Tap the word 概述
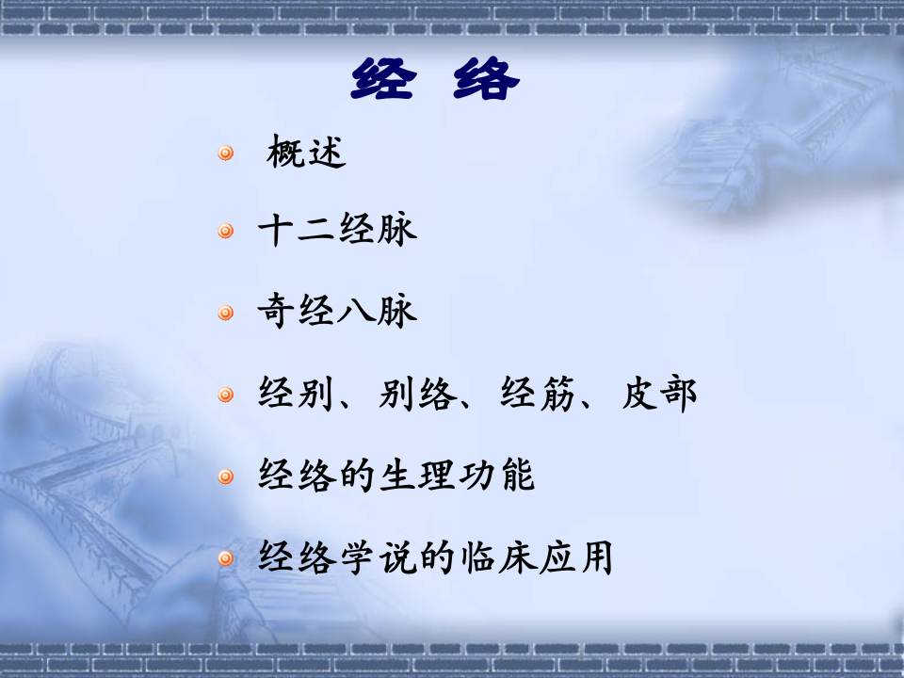307,152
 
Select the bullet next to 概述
226,153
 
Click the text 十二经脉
337,231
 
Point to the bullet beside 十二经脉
226,232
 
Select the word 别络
419,394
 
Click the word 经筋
539,394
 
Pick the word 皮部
659,394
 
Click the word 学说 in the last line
379,557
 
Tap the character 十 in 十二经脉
277,231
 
